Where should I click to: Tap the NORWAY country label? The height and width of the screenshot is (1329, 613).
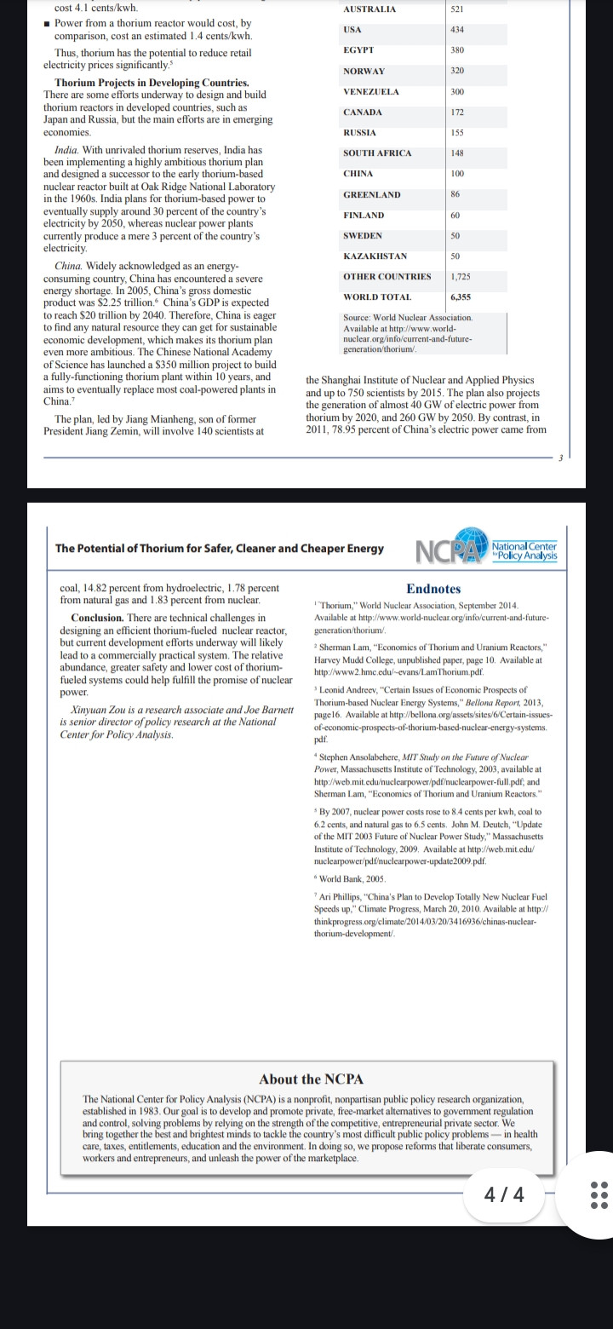point(364,72)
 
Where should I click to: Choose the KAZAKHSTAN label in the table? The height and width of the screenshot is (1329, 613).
point(375,256)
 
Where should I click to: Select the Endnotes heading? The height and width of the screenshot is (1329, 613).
point(433,589)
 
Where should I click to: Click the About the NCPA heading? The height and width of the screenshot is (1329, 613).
point(311,1079)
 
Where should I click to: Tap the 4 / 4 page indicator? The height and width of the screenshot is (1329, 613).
point(504,1194)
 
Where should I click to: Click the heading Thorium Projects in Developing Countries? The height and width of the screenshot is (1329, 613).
point(152,83)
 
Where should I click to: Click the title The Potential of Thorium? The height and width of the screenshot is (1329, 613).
point(219,549)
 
